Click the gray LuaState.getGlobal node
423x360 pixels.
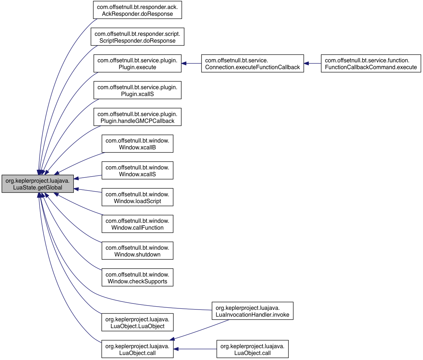coord(38,184)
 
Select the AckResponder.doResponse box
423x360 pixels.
coord(137,10)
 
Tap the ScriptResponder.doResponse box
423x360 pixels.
coord(137,37)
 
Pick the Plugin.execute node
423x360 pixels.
coord(137,63)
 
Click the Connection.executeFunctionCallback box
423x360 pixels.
coord(253,63)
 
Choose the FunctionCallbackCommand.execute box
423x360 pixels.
coord(371,63)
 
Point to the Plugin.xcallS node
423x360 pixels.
coord(137,90)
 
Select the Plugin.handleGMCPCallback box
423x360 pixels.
coord(137,117)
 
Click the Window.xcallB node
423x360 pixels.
coord(137,144)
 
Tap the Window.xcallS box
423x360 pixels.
coord(137,170)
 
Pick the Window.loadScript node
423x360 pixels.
coord(137,197)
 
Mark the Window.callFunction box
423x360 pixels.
coord(137,224)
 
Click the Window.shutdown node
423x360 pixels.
coord(137,250)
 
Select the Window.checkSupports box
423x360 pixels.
coord(137,277)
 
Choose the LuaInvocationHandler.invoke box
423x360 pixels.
coord(253,311)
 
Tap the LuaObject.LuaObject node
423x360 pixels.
coord(137,322)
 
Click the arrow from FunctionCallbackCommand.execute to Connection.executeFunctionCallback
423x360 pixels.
coord(312,63)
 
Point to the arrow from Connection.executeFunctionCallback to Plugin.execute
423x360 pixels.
coord(191,63)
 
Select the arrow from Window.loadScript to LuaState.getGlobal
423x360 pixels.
coord(88,191)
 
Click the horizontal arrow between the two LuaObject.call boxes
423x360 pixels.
coord(195,349)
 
